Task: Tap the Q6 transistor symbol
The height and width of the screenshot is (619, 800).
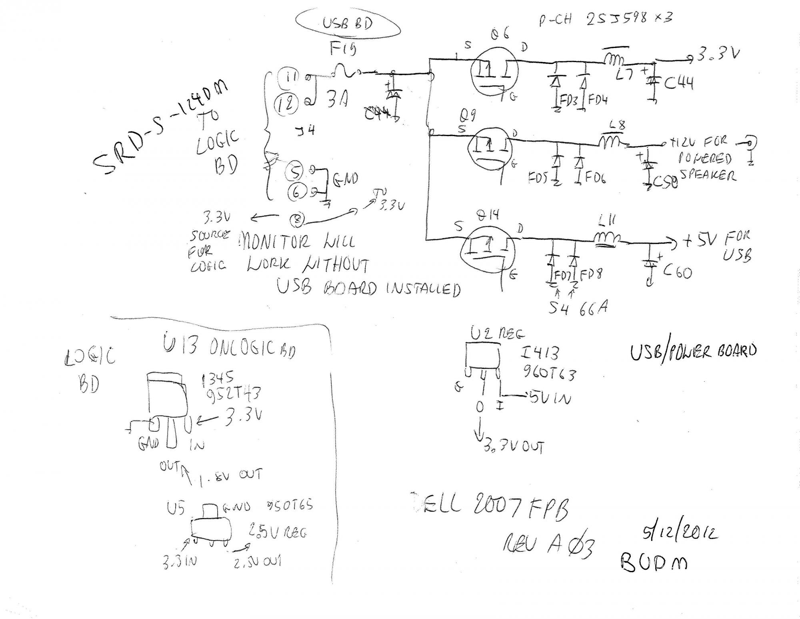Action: tap(494, 72)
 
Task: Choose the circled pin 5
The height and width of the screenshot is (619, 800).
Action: tap(295, 172)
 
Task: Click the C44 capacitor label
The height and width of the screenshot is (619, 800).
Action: tap(678, 83)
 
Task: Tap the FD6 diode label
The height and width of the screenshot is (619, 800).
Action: tap(596, 176)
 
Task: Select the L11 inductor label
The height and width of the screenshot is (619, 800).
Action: tap(607, 220)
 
